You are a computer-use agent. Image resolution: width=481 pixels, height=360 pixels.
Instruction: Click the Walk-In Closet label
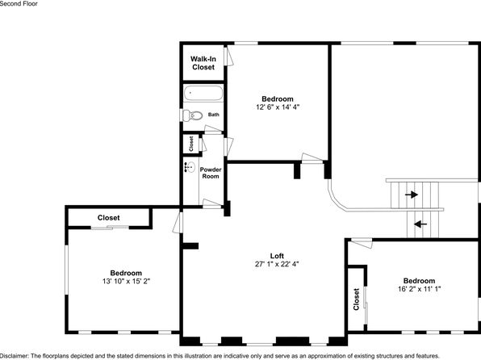[x=203, y=63]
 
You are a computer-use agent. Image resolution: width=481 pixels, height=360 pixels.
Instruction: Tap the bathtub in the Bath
[x=203, y=93]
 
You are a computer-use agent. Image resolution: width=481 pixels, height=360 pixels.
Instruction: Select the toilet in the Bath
[x=193, y=115]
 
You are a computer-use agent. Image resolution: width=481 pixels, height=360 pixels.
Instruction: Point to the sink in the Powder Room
[x=190, y=167]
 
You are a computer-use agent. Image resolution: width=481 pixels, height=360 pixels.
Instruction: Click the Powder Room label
[x=211, y=173]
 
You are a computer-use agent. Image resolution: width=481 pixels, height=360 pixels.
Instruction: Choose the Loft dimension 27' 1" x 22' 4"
[x=277, y=264]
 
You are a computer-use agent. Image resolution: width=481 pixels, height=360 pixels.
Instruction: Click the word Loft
[x=277, y=256]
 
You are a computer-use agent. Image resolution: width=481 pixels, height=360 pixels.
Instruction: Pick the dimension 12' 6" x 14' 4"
[x=278, y=107]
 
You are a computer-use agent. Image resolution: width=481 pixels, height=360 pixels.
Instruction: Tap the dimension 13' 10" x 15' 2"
[x=126, y=281]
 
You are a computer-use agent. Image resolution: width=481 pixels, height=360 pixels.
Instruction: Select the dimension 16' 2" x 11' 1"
[x=419, y=289]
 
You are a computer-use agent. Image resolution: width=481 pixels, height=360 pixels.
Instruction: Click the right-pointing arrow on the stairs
[x=412, y=195]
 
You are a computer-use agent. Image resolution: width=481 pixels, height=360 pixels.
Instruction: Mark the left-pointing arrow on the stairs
[x=420, y=224]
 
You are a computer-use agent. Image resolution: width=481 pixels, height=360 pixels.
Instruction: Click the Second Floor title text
[x=19, y=4]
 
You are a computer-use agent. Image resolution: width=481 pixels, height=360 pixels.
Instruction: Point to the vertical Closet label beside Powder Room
[x=191, y=144]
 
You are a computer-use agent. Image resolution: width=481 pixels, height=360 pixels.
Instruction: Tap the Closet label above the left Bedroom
[x=109, y=218]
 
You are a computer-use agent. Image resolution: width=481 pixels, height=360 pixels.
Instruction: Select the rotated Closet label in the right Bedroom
[x=356, y=299]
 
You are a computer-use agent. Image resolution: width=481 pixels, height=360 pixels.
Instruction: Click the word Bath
[x=214, y=115]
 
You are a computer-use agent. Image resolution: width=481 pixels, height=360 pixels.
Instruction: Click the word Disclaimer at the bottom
[x=15, y=356]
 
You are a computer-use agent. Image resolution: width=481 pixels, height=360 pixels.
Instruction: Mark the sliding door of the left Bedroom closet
[x=110, y=228]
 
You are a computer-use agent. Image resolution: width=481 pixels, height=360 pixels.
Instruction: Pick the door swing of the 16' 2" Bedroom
[x=362, y=243]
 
